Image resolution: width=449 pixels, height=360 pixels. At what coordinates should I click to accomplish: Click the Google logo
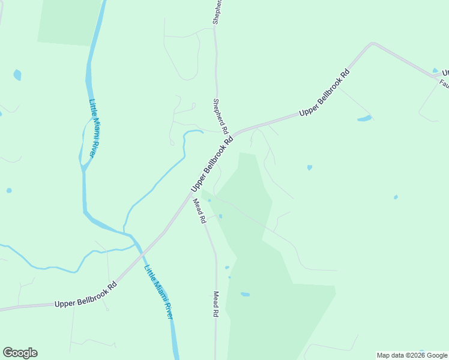point(20,353)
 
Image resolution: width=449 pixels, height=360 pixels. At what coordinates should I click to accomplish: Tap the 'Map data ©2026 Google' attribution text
point(412,355)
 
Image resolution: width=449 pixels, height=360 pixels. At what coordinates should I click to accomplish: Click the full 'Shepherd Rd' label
point(220,116)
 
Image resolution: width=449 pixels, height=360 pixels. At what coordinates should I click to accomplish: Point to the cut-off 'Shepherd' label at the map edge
point(218,12)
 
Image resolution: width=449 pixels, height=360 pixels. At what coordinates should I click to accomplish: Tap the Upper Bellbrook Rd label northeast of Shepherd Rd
point(324,95)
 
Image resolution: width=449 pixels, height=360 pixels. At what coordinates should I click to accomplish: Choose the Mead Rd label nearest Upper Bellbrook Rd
point(199,211)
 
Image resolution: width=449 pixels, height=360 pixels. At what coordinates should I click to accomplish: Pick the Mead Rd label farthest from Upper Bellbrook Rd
point(215,304)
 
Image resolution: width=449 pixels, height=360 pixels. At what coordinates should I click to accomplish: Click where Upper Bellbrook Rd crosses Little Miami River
point(142,253)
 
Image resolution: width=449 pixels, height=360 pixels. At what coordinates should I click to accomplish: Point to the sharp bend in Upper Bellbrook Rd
point(372,44)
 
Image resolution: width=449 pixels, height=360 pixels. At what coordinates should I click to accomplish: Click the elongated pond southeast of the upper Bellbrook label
point(364,118)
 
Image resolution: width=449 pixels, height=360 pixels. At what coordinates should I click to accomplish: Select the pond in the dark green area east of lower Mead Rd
point(245,294)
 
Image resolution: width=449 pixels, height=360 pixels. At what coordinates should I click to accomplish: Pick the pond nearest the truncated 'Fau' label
point(435,70)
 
